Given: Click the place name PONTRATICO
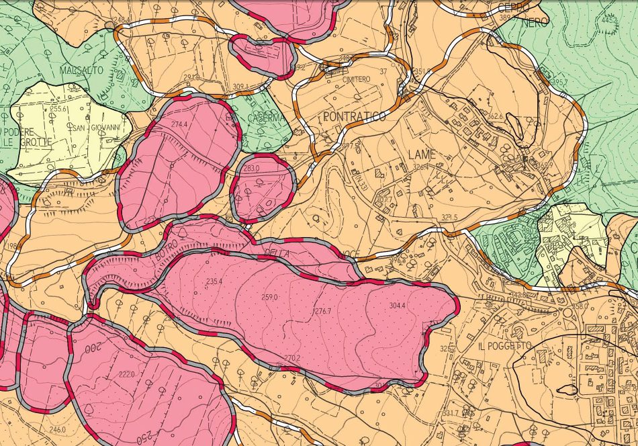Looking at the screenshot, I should click(x=354, y=117).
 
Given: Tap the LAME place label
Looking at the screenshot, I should click(x=422, y=154).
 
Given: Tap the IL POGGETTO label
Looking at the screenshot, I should click(x=506, y=345).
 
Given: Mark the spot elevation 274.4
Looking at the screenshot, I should click(x=179, y=125).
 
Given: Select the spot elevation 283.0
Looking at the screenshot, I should click(x=251, y=169).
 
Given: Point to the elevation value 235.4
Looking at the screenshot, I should click(x=215, y=281).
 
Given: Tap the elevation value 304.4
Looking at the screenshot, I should click(x=397, y=306).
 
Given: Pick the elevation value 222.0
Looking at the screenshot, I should click(x=127, y=374).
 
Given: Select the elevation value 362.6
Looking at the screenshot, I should click(x=495, y=116).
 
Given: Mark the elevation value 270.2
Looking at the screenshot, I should click(x=291, y=358).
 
